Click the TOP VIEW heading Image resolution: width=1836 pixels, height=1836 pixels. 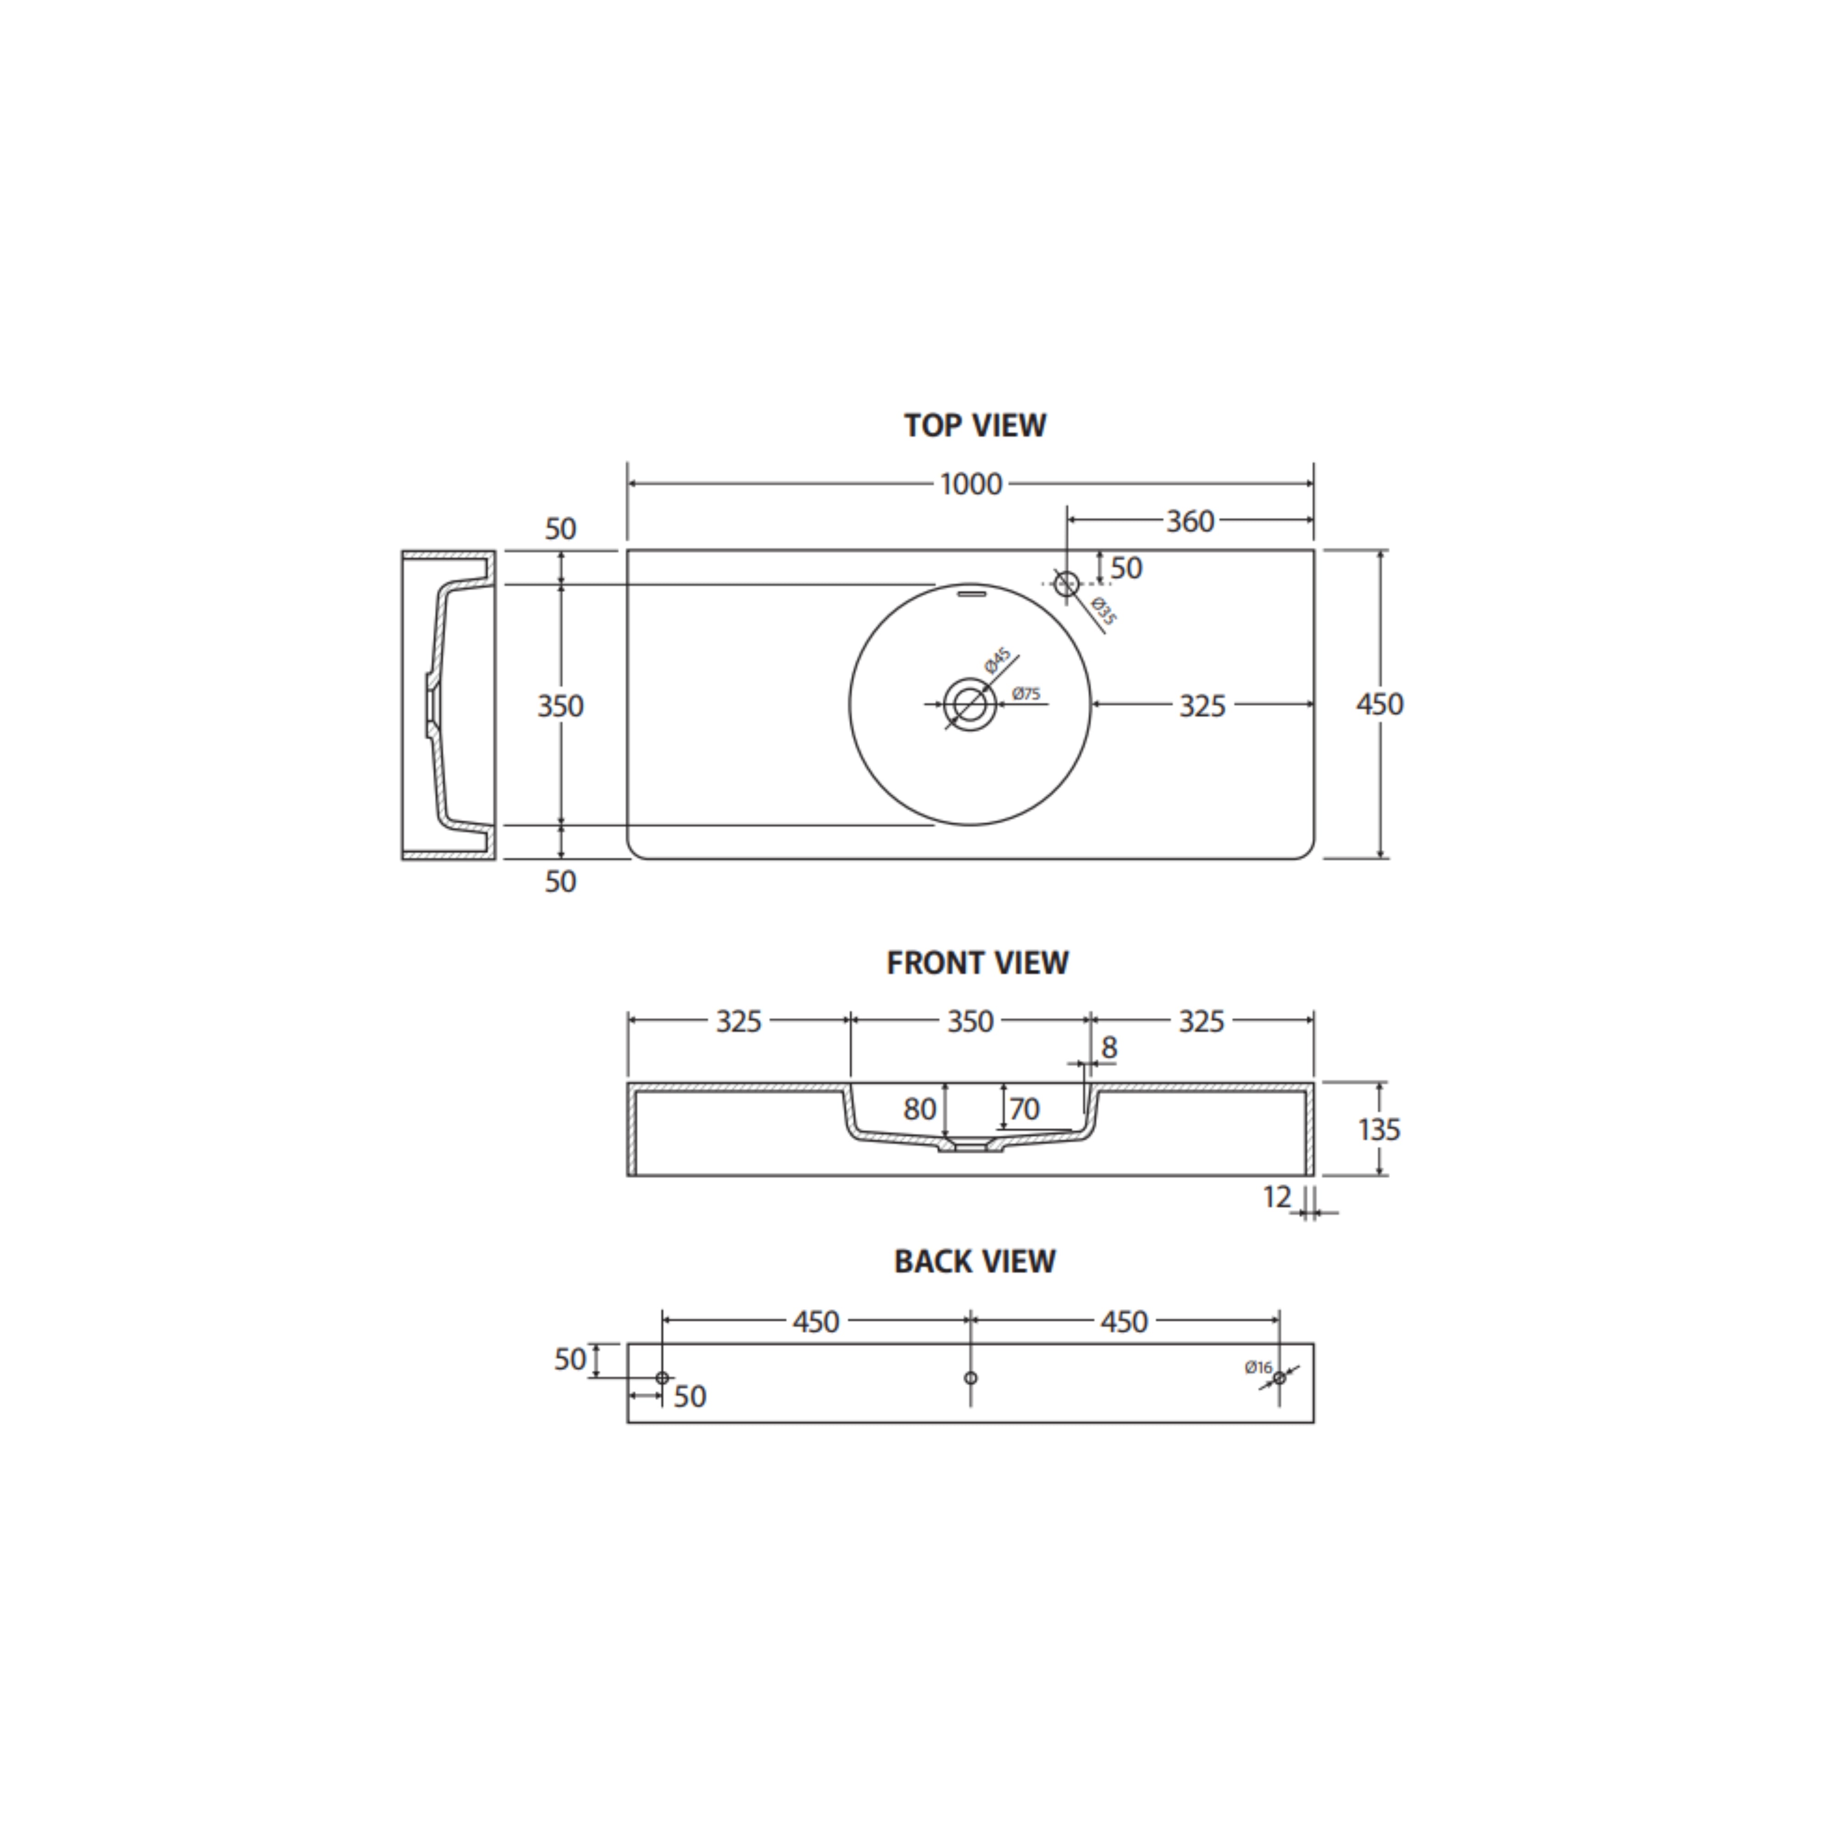pyautogui.click(x=975, y=425)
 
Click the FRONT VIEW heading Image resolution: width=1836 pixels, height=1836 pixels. pyautogui.click(x=977, y=963)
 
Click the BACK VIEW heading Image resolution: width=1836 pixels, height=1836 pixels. pyautogui.click(x=975, y=1261)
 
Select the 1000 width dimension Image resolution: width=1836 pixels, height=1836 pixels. pyautogui.click(x=971, y=485)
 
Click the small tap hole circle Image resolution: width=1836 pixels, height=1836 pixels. pyautogui.click(x=1066, y=583)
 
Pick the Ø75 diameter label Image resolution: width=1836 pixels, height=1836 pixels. pyautogui.click(x=1026, y=694)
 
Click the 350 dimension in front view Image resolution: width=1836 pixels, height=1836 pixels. pyautogui.click(x=970, y=1022)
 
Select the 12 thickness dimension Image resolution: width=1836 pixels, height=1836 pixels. pyautogui.click(x=1277, y=1198)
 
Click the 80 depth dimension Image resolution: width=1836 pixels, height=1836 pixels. pyautogui.click(x=919, y=1109)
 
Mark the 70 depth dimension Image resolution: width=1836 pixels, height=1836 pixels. pyautogui.click(x=1024, y=1109)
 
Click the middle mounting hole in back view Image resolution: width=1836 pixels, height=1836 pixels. pyautogui.click(x=970, y=1377)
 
